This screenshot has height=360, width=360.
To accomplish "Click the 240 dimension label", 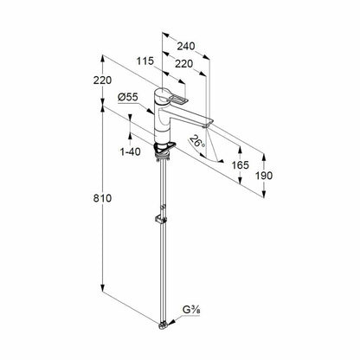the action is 186,46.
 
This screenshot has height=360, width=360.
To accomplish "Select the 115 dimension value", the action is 145,61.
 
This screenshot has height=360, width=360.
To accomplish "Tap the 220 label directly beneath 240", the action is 184,64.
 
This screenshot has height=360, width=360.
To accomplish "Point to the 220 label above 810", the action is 102,80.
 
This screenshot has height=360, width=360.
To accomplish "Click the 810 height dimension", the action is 102,198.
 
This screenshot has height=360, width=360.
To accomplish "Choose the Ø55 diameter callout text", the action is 128,97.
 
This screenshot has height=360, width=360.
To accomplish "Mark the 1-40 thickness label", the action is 130,151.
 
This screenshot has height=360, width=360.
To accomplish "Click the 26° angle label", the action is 197,142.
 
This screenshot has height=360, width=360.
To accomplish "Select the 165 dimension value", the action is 241,165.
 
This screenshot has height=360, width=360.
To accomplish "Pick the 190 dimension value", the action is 264,176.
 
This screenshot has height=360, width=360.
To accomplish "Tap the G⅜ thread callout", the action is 191,310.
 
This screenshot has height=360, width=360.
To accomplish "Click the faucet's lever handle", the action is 177,99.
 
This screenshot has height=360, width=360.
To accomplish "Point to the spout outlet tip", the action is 205,125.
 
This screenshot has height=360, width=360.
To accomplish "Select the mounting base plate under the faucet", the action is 164,148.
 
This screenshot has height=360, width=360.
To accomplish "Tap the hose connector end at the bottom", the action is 164,325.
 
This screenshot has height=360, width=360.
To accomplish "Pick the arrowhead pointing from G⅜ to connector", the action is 172,322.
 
